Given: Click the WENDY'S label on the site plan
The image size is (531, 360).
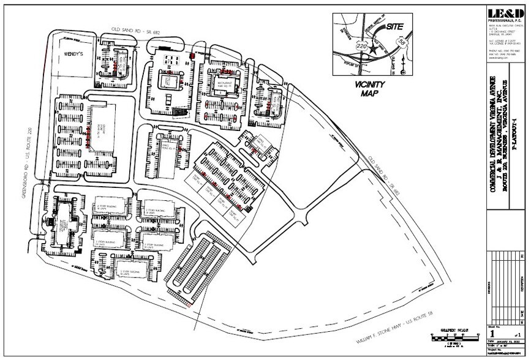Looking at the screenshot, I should pos(74,54).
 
